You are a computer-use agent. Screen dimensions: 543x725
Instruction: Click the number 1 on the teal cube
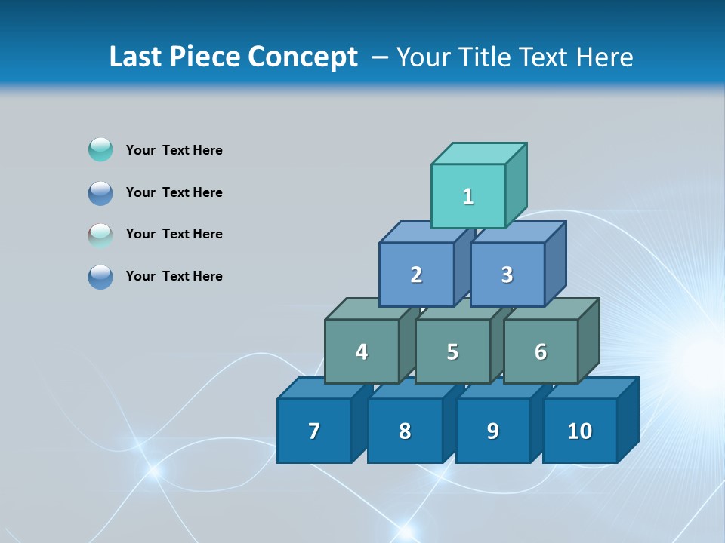[468, 197]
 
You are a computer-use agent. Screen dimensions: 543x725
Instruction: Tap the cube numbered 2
[416, 275]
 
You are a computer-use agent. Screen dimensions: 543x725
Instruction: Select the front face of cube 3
[507, 275]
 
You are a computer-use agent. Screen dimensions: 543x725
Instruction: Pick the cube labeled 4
[362, 352]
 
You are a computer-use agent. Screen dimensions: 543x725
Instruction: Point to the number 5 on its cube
[452, 352]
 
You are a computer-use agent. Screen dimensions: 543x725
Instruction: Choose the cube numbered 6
[541, 352]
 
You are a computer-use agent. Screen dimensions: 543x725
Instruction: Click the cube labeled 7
[314, 431]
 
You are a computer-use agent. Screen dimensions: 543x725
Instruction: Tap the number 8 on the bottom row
[405, 431]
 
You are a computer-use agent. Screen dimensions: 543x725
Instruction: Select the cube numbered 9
[493, 431]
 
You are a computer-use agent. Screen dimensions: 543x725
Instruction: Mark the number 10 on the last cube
[580, 431]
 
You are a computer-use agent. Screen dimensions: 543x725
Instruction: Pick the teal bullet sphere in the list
[100, 150]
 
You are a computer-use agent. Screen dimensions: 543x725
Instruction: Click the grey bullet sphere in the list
[100, 235]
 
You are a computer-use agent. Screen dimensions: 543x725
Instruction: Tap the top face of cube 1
[479, 153]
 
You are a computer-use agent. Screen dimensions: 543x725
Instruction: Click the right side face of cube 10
[628, 419]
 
